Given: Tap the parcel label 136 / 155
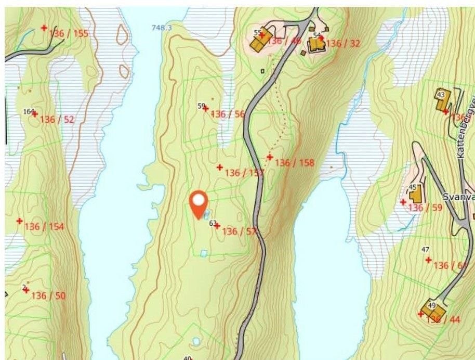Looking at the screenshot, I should point(69,34).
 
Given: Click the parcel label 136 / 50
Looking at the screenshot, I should point(49,295).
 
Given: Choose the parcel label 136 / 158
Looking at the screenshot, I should point(295,163).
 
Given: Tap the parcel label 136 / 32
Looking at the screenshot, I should point(342,43).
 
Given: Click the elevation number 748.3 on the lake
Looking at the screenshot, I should point(162,28).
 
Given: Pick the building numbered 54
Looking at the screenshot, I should point(315,45).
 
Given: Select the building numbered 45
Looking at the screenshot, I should point(415,196).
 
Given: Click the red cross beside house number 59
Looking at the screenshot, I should point(206,109).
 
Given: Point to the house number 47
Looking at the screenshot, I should point(425,250).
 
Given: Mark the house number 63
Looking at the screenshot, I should point(212,223).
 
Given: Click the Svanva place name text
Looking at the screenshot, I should point(459,198).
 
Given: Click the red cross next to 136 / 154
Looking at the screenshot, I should point(20,221).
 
